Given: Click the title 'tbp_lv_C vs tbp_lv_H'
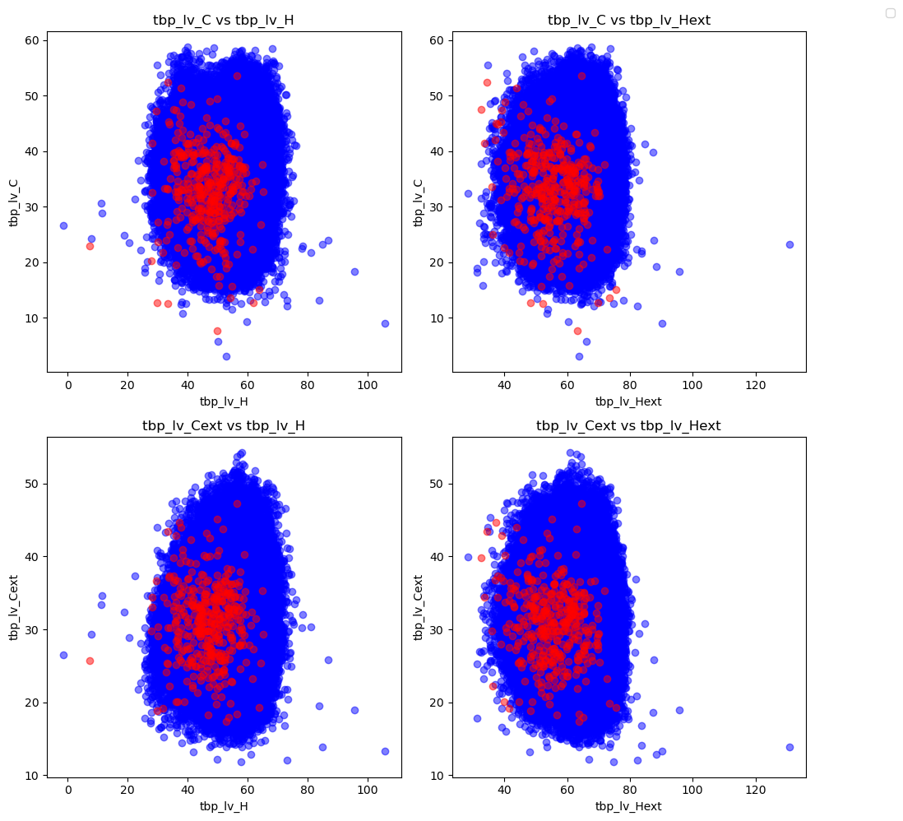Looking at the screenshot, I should coord(224,20).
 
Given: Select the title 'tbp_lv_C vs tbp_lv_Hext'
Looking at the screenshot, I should coord(629,20).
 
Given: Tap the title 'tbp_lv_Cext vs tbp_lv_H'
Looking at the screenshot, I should coord(224,425).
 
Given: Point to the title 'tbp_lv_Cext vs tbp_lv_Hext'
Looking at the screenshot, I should coord(629,425).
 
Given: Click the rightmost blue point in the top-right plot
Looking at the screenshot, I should coord(790,244).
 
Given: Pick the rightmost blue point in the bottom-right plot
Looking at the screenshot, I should coord(790,747).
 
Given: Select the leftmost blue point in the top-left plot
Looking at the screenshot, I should coord(63,225).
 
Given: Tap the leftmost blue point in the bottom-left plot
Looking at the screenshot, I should coord(63,655).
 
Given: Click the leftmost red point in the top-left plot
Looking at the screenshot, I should coord(90,246).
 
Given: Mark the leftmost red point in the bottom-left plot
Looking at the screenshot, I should coord(90,661).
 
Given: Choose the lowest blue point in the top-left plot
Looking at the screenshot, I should coord(226,356).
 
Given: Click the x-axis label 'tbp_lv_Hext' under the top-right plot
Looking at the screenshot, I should coord(628,401).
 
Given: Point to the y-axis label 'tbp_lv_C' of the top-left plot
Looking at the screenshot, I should coord(14,203).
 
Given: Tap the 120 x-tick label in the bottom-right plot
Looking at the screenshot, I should coord(755,791).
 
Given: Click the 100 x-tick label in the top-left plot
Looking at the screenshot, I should coord(367,385).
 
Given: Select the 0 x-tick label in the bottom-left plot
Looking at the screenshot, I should coord(68,791).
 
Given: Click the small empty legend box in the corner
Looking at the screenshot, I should coord(890,12).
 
